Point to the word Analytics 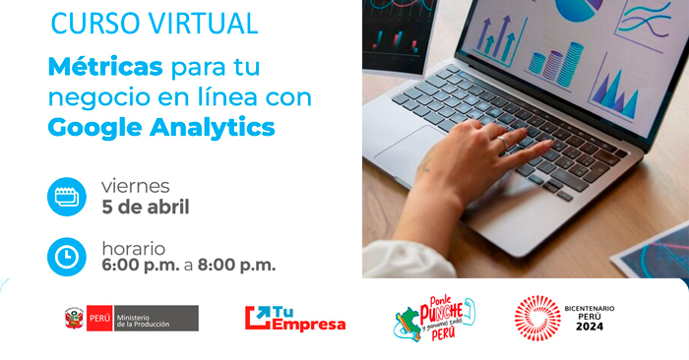coord(217,127)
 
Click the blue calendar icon coord(67,196)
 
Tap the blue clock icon coord(67,257)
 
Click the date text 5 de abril coord(146,207)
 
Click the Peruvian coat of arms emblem coord(74,318)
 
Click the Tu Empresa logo coord(295,318)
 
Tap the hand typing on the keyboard coord(472,157)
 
